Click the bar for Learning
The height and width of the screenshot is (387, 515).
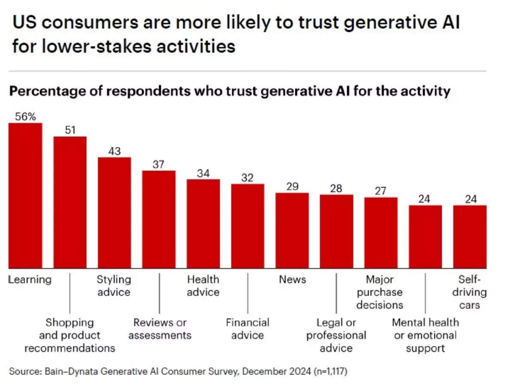tap(25, 196)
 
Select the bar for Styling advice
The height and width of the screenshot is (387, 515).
tap(114, 213)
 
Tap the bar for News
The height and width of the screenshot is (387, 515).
tap(292, 230)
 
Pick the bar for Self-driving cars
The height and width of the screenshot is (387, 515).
tap(470, 236)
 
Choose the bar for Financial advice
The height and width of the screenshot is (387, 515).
tap(248, 226)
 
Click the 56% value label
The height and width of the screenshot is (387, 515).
tap(25, 117)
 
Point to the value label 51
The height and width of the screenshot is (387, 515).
tap(70, 130)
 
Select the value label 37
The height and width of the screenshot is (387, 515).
tap(159, 164)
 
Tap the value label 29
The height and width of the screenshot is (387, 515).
tap(292, 187)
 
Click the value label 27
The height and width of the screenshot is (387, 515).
tap(381, 191)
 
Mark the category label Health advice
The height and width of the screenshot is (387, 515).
tap(203, 286)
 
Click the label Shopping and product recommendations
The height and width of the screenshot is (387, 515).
tap(70, 335)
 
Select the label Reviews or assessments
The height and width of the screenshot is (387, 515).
tap(160, 329)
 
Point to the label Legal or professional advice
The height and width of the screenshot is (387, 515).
tap(336, 335)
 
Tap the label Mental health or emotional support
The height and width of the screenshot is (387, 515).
tap(425, 335)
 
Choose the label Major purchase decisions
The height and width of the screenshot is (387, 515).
tap(380, 292)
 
